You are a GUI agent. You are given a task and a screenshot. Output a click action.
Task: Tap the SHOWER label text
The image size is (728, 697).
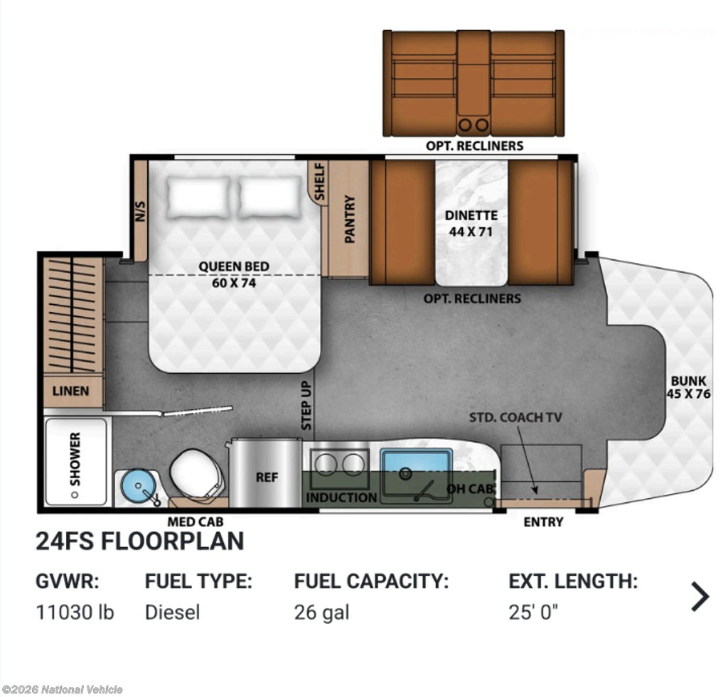pyautogui.click(x=75, y=459)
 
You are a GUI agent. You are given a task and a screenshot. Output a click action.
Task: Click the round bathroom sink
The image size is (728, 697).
pyautogui.click(x=139, y=486)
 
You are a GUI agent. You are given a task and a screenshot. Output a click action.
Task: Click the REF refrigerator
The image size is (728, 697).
pyautogui.click(x=266, y=473)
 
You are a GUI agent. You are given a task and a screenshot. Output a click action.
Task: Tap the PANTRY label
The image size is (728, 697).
pyautogui.click(x=350, y=219)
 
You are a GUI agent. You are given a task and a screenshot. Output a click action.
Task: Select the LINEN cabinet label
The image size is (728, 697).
pyautogui.click(x=70, y=391)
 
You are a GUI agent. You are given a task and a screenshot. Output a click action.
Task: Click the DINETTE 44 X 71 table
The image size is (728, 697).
pyautogui.click(x=471, y=223)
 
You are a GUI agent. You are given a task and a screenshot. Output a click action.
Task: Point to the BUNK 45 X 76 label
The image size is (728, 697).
pyautogui.click(x=688, y=387)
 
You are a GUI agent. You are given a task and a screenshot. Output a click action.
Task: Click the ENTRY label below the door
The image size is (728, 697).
pyautogui.click(x=543, y=522)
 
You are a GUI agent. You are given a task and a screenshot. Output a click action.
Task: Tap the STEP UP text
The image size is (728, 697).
pyautogui.click(x=306, y=405)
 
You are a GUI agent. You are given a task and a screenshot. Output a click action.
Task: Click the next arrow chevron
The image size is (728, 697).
pyautogui.click(x=700, y=596)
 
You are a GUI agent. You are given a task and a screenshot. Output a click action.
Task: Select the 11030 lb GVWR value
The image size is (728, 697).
pyautogui.click(x=75, y=612)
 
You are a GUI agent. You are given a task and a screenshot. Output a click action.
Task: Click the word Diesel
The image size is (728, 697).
pyautogui.click(x=172, y=612)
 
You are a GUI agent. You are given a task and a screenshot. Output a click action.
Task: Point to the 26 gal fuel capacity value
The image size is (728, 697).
pyautogui.click(x=321, y=613)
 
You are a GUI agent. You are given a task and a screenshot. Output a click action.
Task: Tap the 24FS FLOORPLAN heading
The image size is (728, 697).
pyautogui.click(x=140, y=541)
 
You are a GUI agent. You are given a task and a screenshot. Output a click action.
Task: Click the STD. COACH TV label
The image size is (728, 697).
pyautogui.click(x=515, y=417)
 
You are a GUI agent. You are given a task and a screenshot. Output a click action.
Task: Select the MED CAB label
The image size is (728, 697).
pyautogui.click(x=196, y=522)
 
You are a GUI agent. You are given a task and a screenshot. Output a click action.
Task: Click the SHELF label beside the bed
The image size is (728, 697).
pyautogui.click(x=319, y=181)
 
